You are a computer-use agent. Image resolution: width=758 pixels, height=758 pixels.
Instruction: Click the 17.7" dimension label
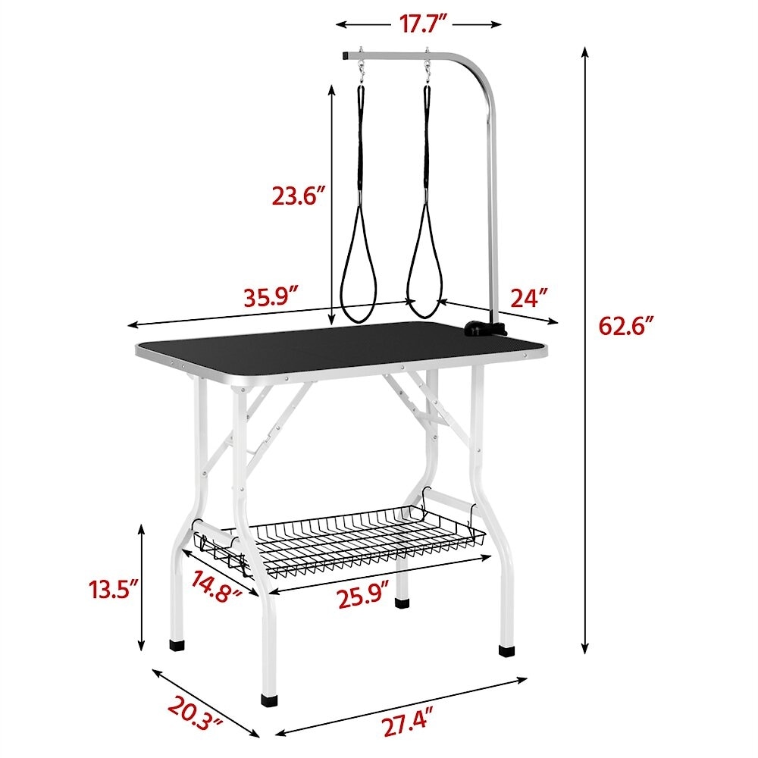[x=418, y=23]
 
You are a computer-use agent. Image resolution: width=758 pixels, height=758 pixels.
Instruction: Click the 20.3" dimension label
[x=196, y=720]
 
